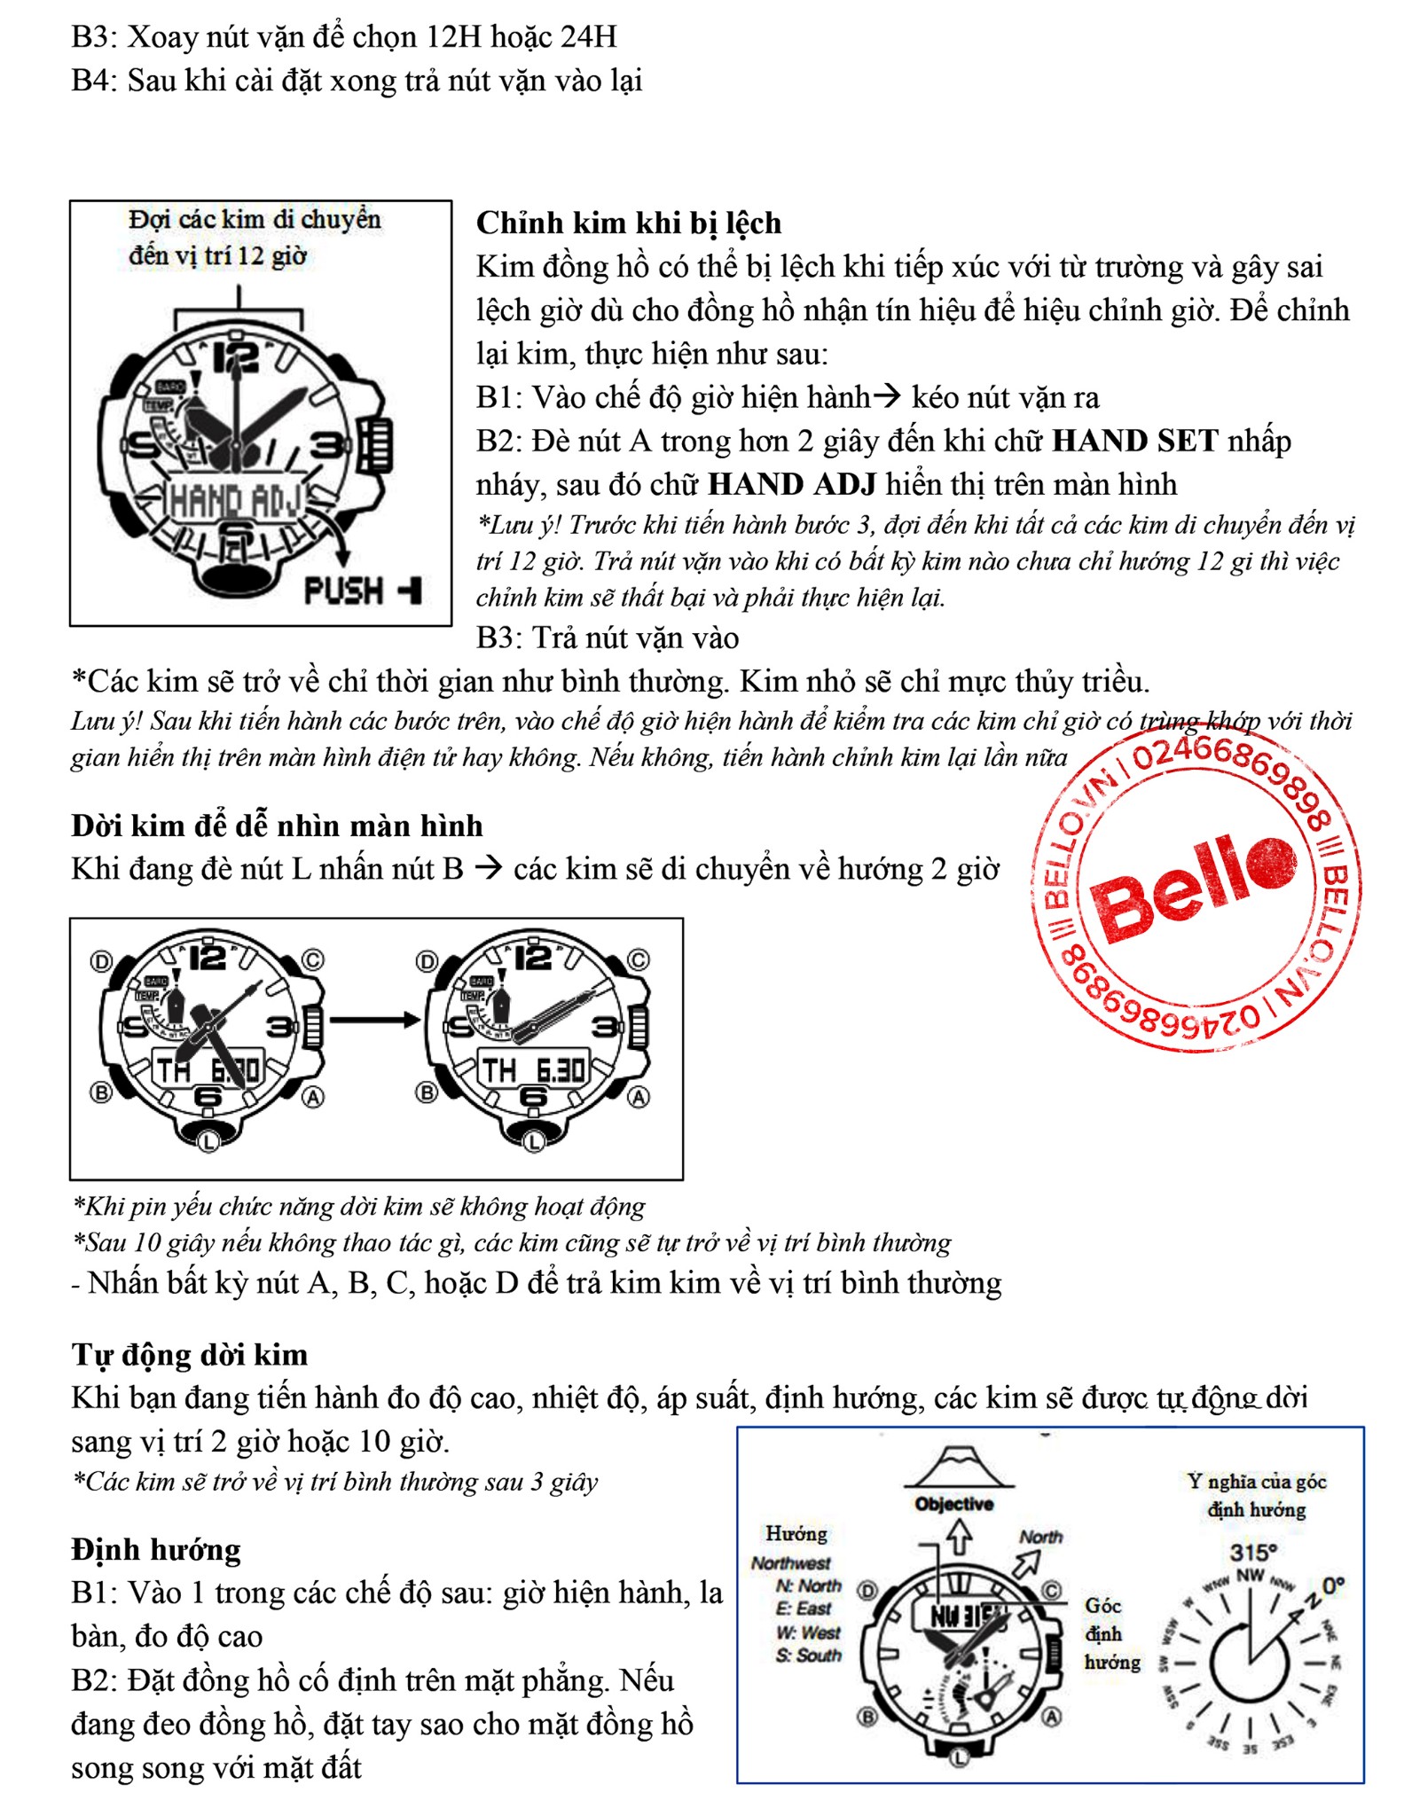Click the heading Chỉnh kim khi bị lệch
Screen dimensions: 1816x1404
point(629,223)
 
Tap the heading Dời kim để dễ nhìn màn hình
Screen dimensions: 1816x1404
point(277,826)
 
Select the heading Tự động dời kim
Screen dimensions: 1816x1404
point(190,1354)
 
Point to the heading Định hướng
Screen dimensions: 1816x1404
point(156,1549)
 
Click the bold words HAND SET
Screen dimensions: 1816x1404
point(1134,441)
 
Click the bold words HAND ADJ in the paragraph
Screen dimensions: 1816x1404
point(792,484)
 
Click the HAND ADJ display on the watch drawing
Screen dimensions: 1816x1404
point(235,502)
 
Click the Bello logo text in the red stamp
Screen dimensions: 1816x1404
point(1193,888)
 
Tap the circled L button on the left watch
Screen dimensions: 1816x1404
point(208,1141)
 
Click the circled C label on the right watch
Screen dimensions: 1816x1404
point(639,960)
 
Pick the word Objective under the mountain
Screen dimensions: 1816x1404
point(954,1504)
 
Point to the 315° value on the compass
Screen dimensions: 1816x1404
point(1253,1552)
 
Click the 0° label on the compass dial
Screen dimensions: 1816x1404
point(1333,1585)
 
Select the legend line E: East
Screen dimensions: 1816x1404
point(804,1609)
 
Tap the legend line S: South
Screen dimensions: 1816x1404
point(808,1656)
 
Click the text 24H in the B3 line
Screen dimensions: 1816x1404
point(589,37)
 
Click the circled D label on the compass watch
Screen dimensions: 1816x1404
point(868,1590)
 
